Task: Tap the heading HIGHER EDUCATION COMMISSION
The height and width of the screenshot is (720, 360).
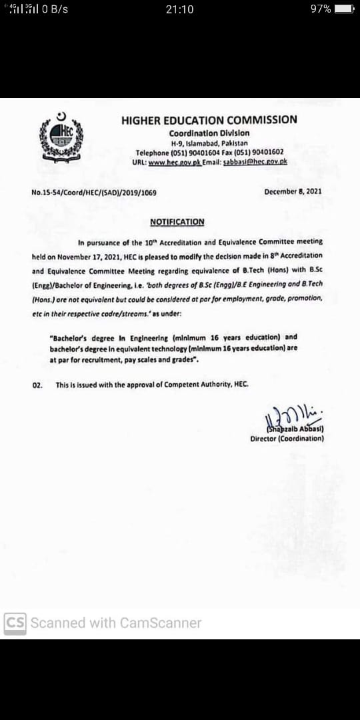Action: (x=209, y=120)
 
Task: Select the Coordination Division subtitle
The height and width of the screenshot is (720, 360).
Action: (x=209, y=133)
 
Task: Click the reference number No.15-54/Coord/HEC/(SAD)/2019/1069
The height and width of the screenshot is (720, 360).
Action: (x=94, y=192)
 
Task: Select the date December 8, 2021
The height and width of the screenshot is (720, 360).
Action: (x=293, y=191)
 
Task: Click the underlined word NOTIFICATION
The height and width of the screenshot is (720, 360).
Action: (x=177, y=222)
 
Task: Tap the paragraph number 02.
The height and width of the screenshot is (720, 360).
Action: (x=37, y=385)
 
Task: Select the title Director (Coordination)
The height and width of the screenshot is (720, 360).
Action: (x=287, y=439)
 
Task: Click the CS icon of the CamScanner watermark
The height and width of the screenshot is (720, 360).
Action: (x=15, y=623)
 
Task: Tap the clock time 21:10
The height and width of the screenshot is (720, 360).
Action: (x=179, y=9)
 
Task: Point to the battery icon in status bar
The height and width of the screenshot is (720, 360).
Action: (x=344, y=9)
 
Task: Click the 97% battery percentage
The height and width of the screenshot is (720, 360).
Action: (x=321, y=9)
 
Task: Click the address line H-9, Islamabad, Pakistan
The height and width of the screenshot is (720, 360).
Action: (x=209, y=143)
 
